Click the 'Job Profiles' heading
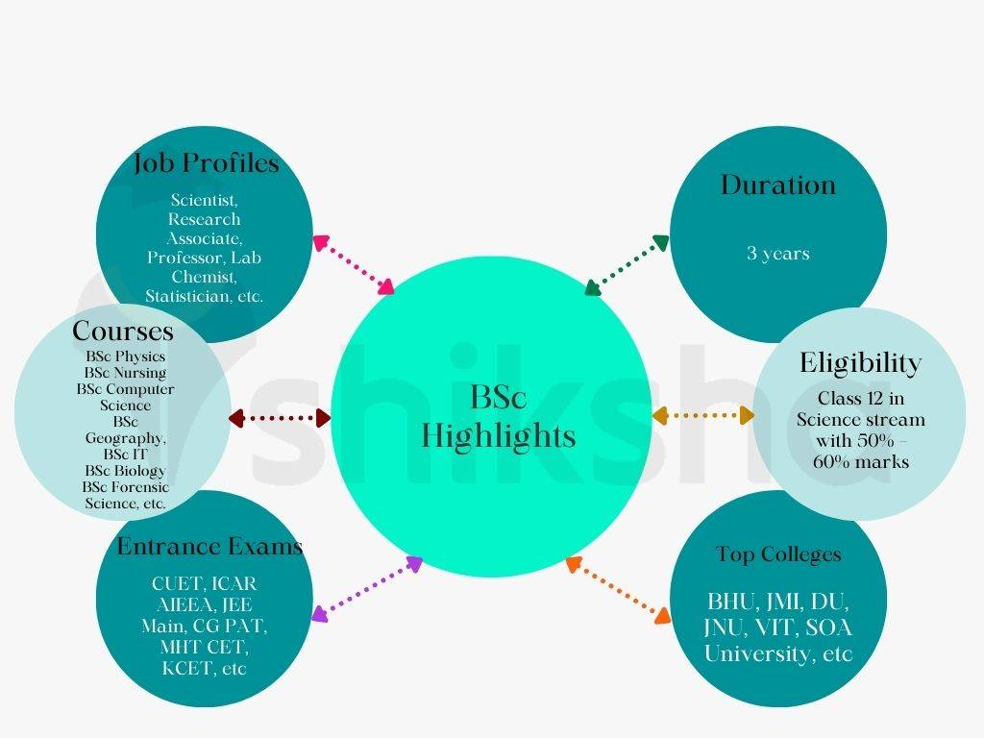[206, 164]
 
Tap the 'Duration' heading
[777, 184]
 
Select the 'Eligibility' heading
[860, 363]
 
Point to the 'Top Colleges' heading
[778, 554]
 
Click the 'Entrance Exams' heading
[209, 547]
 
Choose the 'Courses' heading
[123, 332]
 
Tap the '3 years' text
[778, 254]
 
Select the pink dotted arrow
[354, 262]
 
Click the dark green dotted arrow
[627, 263]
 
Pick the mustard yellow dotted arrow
[702, 415]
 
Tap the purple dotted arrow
[367, 587]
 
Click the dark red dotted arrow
[280, 418]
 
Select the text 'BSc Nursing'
[125, 373]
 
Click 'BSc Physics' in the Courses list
[125, 357]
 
